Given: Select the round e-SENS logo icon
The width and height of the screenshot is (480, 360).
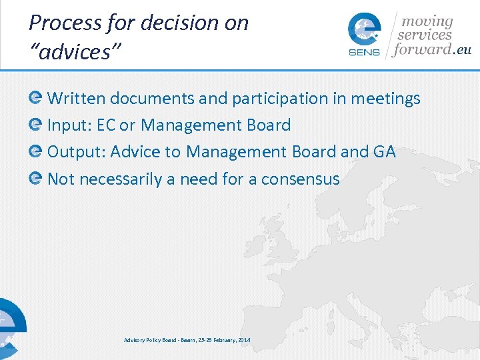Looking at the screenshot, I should pos(365,31).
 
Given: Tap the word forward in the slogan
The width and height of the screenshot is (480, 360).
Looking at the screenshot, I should pos(423,49).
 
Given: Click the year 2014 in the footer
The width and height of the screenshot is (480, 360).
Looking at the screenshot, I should pos(244,341).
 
